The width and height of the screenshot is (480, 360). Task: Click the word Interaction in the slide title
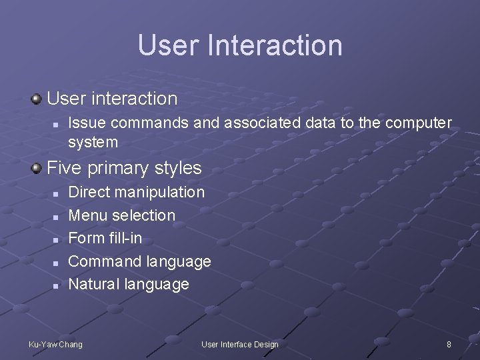click(x=275, y=45)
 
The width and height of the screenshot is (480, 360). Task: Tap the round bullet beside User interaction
click(x=36, y=99)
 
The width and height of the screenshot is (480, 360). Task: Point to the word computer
click(x=418, y=123)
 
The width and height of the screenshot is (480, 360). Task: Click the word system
click(x=93, y=142)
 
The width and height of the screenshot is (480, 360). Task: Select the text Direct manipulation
click(x=137, y=192)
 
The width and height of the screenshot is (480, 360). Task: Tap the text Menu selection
click(x=122, y=215)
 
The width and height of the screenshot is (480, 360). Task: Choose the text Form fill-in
click(x=105, y=238)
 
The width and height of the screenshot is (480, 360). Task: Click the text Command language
click(x=139, y=261)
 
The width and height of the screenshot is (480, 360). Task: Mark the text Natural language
click(x=129, y=284)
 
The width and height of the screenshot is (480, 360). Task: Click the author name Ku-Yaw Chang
click(x=55, y=344)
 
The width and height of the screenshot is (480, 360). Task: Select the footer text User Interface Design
click(x=240, y=344)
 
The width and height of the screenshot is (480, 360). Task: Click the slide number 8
click(x=449, y=344)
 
